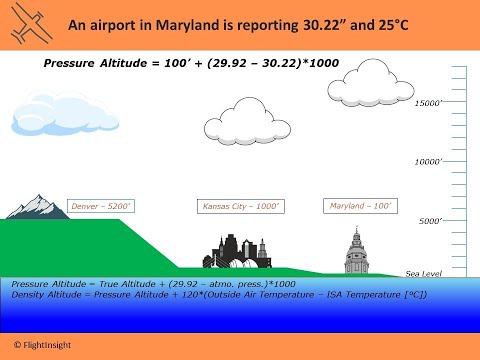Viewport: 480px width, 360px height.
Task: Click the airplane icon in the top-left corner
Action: coord(26,26)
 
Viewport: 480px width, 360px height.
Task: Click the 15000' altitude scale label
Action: coord(429,103)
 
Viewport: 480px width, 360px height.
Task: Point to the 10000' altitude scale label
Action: coord(429,161)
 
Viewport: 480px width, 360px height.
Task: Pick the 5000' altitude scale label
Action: coord(432,221)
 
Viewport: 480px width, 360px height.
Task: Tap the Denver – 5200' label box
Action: coord(101,207)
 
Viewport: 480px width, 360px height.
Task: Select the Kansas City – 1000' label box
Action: coord(241,207)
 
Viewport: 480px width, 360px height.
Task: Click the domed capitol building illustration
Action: coord(355,251)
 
